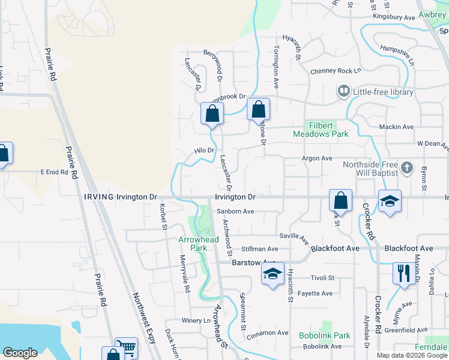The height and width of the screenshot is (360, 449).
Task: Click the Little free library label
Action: click(383, 92)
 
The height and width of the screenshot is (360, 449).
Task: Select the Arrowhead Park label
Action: click(199, 243)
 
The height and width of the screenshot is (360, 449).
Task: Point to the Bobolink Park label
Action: click(324, 335)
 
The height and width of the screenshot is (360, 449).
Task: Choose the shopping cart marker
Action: click(126, 348)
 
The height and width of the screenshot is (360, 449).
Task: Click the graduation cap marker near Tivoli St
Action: click(273, 275)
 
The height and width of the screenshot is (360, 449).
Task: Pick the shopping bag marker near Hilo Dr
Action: click(212, 113)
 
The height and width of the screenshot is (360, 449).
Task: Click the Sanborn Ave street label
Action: click(235, 211)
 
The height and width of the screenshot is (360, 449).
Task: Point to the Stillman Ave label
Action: click(259, 248)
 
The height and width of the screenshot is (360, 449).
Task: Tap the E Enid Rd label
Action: click(55, 172)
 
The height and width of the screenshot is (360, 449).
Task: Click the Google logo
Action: click(20, 353)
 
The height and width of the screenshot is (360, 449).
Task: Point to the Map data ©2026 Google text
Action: click(411, 355)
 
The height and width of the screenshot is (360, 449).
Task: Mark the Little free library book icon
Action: click(344, 92)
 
